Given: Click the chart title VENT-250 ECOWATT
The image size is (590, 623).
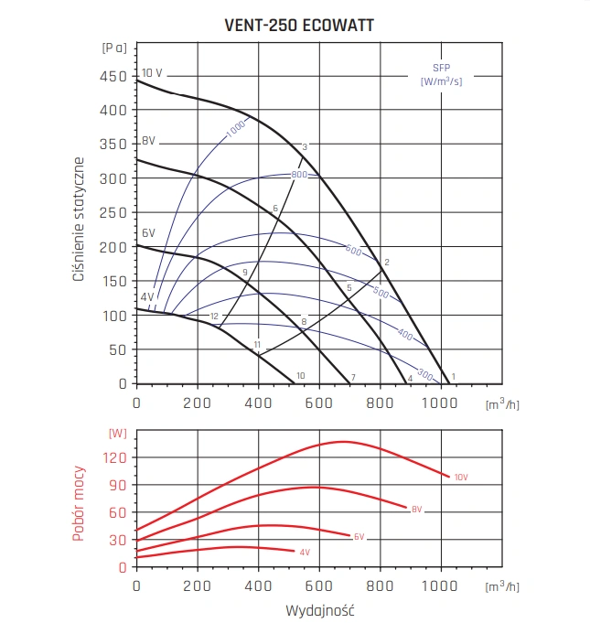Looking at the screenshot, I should [298, 26].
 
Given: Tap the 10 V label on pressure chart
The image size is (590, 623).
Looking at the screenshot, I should [152, 73].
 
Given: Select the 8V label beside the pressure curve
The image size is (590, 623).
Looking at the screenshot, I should [148, 142].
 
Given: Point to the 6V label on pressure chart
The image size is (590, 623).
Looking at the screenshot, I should [148, 232].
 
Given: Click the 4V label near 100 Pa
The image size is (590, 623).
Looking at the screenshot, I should [147, 296].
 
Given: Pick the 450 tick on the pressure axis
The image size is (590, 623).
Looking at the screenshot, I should [113, 77].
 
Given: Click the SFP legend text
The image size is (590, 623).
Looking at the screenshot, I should [441, 68].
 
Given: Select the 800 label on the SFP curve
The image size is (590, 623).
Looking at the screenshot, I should [298, 175].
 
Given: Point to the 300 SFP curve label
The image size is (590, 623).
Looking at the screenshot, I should [424, 373].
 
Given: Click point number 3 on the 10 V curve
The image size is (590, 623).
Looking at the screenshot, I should [305, 147].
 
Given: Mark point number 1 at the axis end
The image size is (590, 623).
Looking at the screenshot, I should [453, 376].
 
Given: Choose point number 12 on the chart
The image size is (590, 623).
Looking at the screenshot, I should [214, 317].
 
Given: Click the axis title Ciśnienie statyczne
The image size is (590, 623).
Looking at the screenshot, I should [80, 220].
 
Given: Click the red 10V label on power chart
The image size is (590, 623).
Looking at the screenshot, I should [461, 478].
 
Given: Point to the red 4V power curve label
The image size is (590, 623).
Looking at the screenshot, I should [305, 553].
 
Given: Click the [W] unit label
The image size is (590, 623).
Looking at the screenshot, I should [117, 433].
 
